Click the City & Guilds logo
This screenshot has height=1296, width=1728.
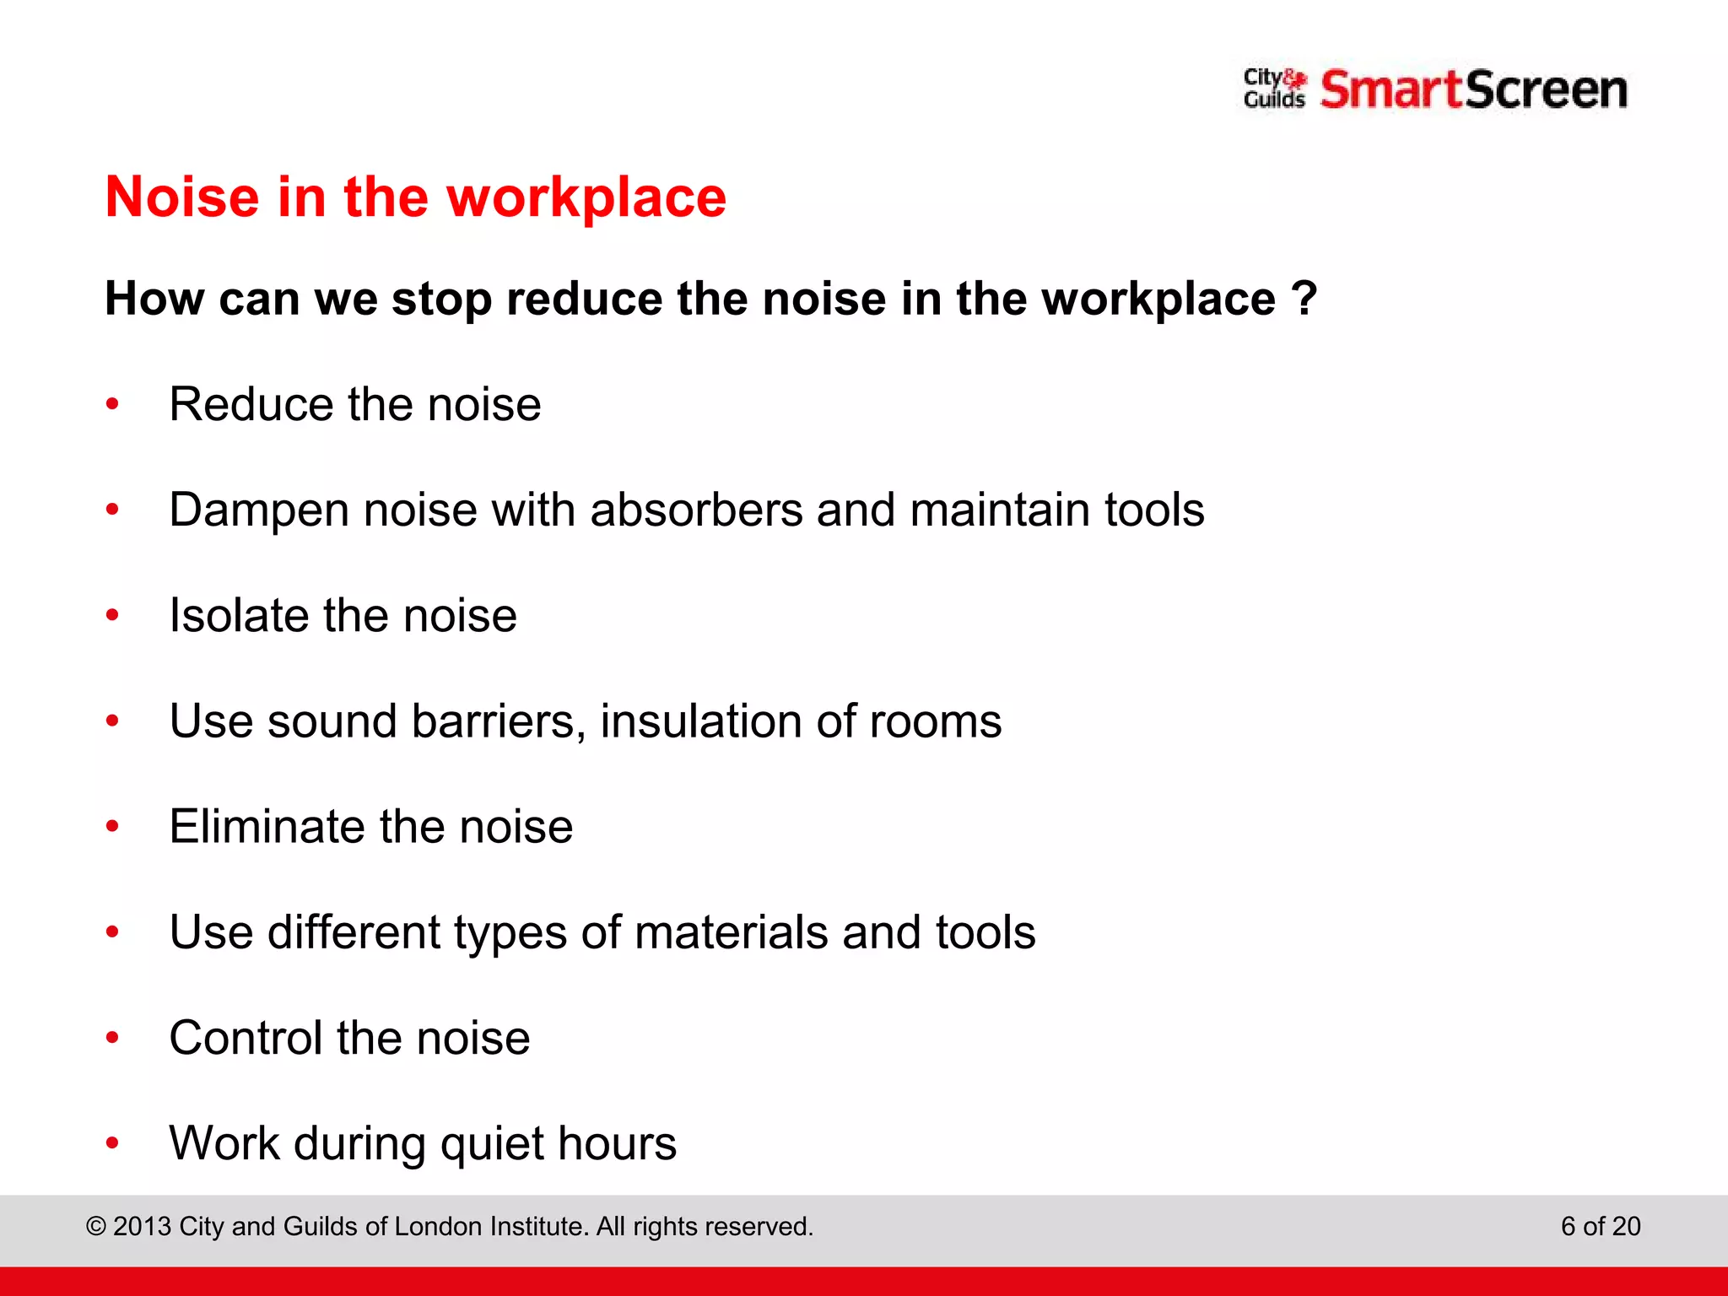pyautogui.click(x=1274, y=89)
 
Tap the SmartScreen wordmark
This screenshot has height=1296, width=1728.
pyautogui.click(x=1473, y=90)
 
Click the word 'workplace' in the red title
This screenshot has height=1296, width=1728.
pyautogui.click(x=586, y=198)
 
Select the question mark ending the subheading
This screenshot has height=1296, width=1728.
pyautogui.click(x=1304, y=298)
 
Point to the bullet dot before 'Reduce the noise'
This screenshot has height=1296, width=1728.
pyautogui.click(x=112, y=405)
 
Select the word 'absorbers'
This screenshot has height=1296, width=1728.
pyautogui.click(x=696, y=510)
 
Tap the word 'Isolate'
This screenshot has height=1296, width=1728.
pyautogui.click(x=239, y=615)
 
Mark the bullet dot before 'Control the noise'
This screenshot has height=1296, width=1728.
pyautogui.click(x=112, y=1038)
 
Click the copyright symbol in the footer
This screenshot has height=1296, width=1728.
pyautogui.click(x=96, y=1226)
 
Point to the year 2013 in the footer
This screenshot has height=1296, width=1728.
pyautogui.click(x=142, y=1226)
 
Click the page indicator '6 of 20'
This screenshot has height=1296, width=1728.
pyautogui.click(x=1601, y=1226)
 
